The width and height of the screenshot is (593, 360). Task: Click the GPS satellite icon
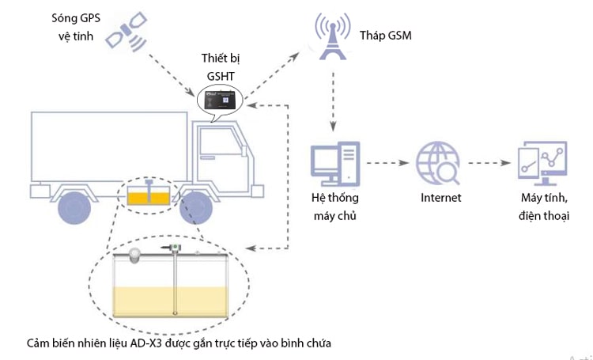pyautogui.click(x=127, y=31)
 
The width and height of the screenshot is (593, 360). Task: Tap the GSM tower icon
pyautogui.click(x=332, y=36)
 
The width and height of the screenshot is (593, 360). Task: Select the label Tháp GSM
pyautogui.click(x=385, y=36)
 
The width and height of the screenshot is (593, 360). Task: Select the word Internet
pyautogui.click(x=440, y=198)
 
